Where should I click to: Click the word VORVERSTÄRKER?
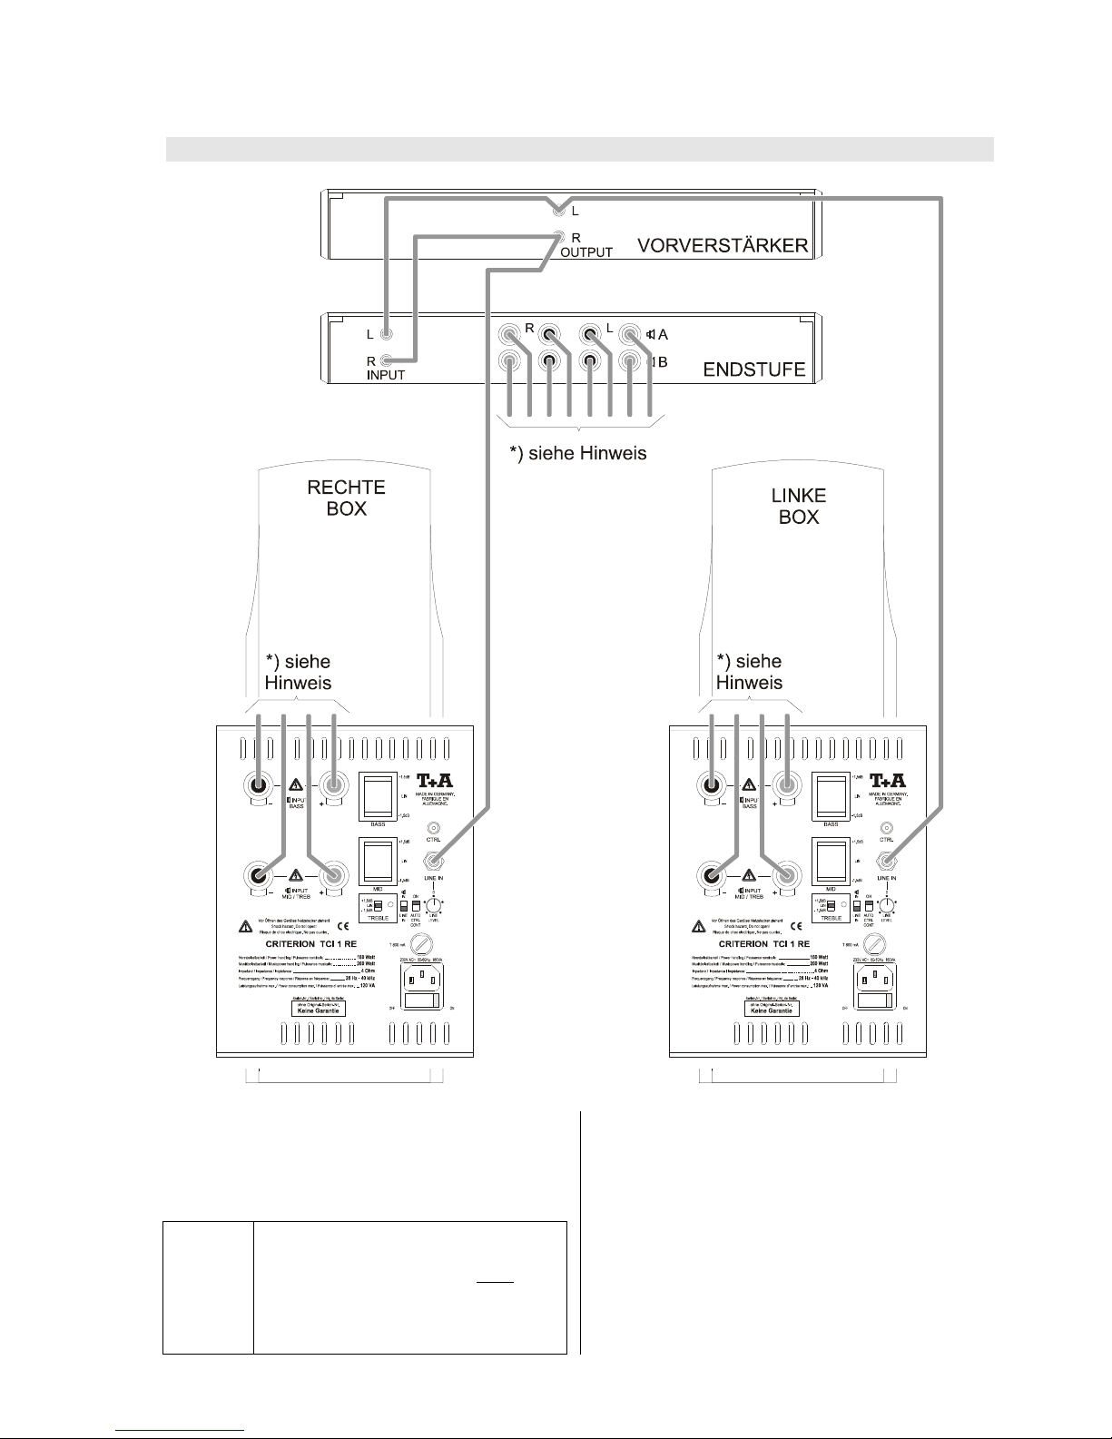pos(722,246)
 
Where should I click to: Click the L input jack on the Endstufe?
pos(387,334)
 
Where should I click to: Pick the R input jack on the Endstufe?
pos(388,360)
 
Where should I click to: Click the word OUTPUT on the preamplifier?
pos(586,252)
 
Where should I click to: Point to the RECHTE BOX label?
pos(346,498)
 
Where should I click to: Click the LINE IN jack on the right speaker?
pos(434,861)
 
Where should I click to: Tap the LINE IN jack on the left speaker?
pos(887,861)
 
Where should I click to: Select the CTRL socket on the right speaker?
pos(434,829)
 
